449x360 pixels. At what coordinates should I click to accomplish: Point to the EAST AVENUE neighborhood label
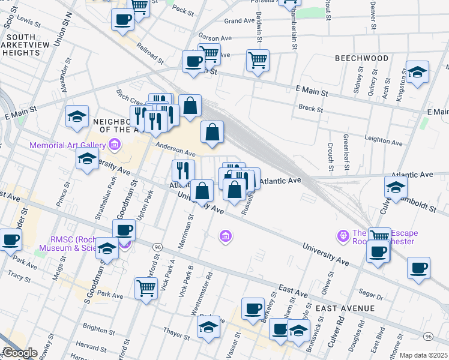[x=345, y=308]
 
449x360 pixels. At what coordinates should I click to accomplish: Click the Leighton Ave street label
[x=384, y=140]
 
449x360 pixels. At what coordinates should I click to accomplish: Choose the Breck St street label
[x=311, y=109]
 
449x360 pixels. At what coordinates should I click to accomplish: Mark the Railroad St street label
[x=149, y=53]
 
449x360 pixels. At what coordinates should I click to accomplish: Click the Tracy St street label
[x=20, y=277]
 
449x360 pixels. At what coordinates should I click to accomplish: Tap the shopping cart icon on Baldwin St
[x=258, y=59]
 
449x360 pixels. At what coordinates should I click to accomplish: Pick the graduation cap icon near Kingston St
[x=417, y=72]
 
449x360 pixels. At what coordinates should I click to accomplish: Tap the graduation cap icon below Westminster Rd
[x=208, y=328]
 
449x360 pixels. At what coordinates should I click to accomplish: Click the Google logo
[x=20, y=353]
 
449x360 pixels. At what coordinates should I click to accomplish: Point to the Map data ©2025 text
[x=423, y=355]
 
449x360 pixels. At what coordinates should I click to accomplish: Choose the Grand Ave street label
[x=240, y=21]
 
